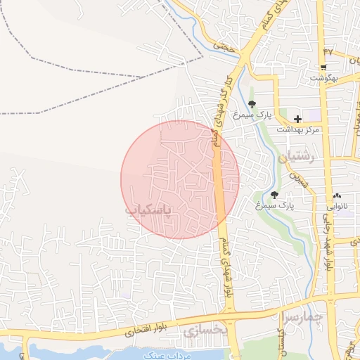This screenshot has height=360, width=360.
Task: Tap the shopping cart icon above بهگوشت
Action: pos(323,67)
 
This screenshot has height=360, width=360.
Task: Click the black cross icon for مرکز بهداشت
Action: pos(298,120)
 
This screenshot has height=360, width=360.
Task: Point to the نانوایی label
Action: pos(337,207)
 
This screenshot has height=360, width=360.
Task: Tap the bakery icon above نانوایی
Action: pos(337,196)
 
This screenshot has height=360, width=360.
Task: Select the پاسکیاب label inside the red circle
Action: pos(158,210)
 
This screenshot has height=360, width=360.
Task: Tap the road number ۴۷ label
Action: pos(328,52)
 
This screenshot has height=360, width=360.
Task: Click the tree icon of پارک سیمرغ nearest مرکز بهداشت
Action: pos(252,105)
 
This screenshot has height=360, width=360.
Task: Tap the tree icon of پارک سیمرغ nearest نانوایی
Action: pos(274,195)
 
